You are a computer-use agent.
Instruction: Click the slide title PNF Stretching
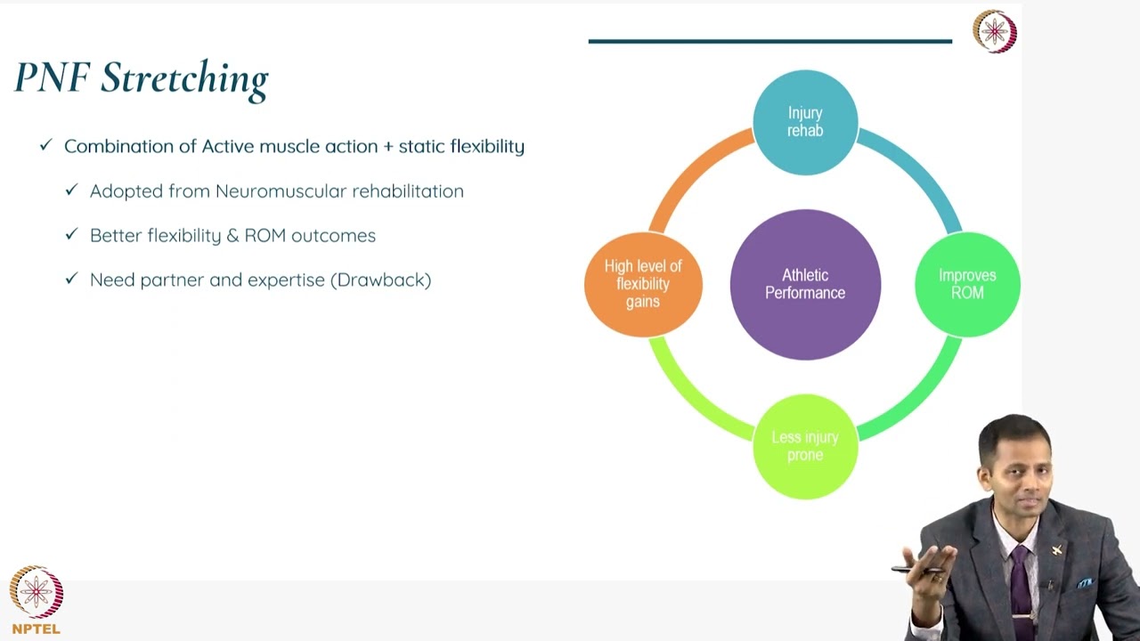point(141,78)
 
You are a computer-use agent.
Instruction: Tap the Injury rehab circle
point(805,122)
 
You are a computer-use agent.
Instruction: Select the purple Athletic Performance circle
point(805,284)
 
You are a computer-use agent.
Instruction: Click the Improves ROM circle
point(967,284)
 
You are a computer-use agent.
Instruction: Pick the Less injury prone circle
point(805,446)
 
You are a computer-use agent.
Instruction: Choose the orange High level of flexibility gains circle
point(643,284)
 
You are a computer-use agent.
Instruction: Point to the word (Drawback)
point(380,280)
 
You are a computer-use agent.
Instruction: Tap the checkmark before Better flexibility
point(72,235)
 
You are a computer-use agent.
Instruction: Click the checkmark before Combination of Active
point(46,145)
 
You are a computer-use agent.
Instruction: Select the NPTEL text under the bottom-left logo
point(37,629)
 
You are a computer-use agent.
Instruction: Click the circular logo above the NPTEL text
point(37,592)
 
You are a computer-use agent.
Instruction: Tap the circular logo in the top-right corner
point(994,32)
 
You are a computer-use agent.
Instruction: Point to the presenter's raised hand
point(926,570)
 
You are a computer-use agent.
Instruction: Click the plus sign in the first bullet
point(387,147)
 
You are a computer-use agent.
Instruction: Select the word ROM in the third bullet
point(264,236)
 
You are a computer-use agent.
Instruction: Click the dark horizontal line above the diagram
point(769,41)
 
